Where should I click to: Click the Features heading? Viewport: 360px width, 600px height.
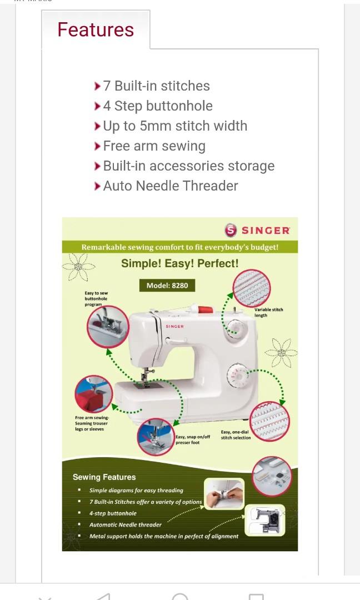pyautogui.click(x=96, y=29)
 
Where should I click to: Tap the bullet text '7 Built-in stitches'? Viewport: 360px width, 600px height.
pyautogui.click(x=157, y=86)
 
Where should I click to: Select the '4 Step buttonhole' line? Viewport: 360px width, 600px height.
pyautogui.click(x=158, y=106)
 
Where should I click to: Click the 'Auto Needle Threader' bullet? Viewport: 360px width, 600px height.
pyautogui.click(x=171, y=186)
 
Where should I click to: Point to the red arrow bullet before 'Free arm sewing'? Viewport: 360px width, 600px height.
pyautogui.click(x=98, y=146)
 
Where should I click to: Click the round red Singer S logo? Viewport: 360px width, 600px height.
pyautogui.click(x=231, y=230)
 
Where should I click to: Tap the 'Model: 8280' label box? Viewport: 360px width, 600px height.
pyautogui.click(x=167, y=285)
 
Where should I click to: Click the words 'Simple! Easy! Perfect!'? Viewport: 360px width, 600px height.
pyautogui.click(x=180, y=263)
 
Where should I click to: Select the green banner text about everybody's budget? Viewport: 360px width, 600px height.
pyautogui.click(x=180, y=247)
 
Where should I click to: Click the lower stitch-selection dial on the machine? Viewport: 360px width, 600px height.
pyautogui.click(x=237, y=376)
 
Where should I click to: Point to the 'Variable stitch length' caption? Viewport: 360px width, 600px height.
pyautogui.click(x=268, y=312)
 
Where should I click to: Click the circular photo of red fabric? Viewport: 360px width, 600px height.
pyautogui.click(x=94, y=394)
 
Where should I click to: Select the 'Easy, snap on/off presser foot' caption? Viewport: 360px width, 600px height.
pyautogui.click(x=193, y=439)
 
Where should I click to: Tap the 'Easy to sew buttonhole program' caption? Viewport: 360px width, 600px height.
pyautogui.click(x=96, y=298)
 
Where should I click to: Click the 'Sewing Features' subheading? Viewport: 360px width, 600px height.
pyautogui.click(x=104, y=477)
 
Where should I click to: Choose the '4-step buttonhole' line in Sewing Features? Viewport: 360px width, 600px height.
pyautogui.click(x=113, y=513)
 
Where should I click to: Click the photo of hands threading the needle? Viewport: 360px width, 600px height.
pyautogui.click(x=224, y=494)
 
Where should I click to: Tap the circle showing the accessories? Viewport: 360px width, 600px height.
pyautogui.click(x=272, y=476)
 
